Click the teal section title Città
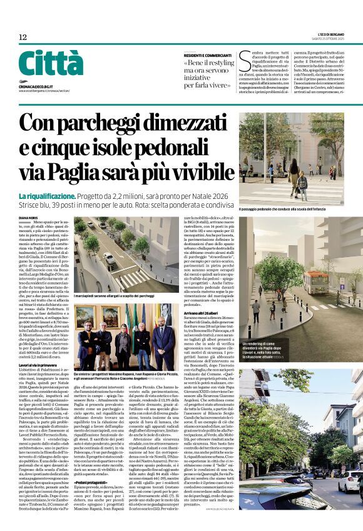coord(51,64)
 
